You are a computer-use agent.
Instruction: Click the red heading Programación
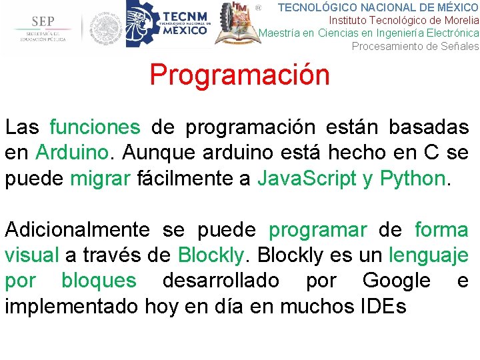tap(239, 75)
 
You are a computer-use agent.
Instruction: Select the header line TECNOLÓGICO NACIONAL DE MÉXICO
tap(377, 7)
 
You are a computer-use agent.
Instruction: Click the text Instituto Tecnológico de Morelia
tap(404, 20)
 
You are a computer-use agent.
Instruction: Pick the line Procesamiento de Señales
tap(415, 46)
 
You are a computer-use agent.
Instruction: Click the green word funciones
tap(95, 127)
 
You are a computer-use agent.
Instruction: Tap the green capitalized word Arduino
tap(71, 152)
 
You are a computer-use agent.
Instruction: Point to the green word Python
tap(411, 178)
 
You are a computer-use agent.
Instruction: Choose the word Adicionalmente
tap(77, 230)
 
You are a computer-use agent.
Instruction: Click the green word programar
tap(317, 230)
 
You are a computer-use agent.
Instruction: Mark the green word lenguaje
tap(429, 255)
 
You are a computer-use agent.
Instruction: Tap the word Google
tap(396, 281)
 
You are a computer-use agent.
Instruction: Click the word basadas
tap(428, 127)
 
